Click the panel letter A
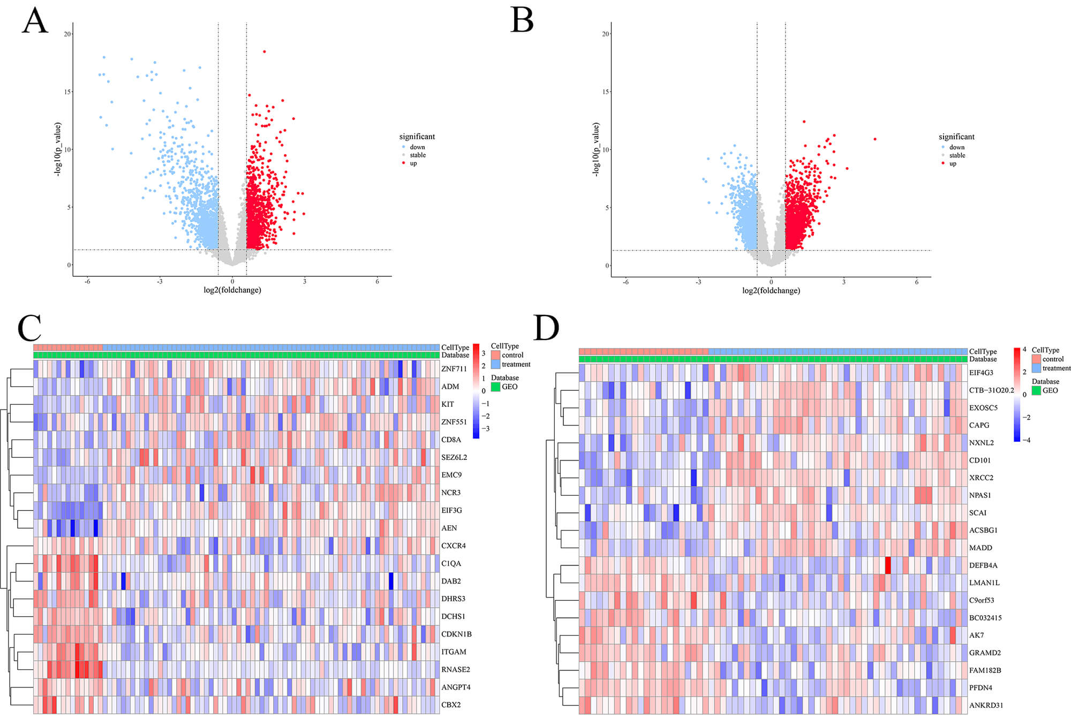[35, 22]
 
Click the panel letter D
[546, 328]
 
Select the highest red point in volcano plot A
[265, 51]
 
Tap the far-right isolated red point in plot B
[875, 139]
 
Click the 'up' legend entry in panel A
[413, 163]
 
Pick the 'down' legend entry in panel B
[956, 147]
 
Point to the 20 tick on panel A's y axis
[67, 34]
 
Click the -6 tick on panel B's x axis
[625, 282]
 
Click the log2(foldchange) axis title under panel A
[232, 290]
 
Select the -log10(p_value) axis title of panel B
[595, 149]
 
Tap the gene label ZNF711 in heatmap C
[454, 369]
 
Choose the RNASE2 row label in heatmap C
[455, 669]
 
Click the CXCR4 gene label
[453, 546]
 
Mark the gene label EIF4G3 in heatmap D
[981, 373]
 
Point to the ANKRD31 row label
[986, 705]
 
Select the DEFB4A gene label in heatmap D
[983, 565]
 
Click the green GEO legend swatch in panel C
[495, 387]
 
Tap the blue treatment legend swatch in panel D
[1036, 368]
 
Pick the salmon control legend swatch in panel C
[495, 355]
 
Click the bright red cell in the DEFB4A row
[888, 565]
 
